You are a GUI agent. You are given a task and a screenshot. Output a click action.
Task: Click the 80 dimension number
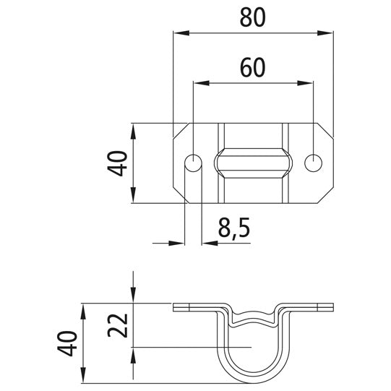[x=253, y=18]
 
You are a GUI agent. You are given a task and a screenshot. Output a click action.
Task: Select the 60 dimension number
[x=253, y=68]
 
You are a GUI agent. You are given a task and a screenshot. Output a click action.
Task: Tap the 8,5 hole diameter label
[x=234, y=228]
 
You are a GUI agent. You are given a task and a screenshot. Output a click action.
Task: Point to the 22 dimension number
[x=118, y=325]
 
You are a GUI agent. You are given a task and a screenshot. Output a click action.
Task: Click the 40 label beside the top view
[x=117, y=163]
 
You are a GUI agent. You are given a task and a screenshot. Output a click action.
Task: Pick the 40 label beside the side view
[x=67, y=343]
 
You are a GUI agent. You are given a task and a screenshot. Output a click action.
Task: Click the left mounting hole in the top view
[x=193, y=163]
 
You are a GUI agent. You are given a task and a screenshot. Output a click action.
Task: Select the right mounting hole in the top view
[x=313, y=163]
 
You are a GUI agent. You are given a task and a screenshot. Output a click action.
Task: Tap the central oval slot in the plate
[x=253, y=163]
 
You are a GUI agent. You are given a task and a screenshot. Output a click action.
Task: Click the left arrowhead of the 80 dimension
[x=181, y=33]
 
